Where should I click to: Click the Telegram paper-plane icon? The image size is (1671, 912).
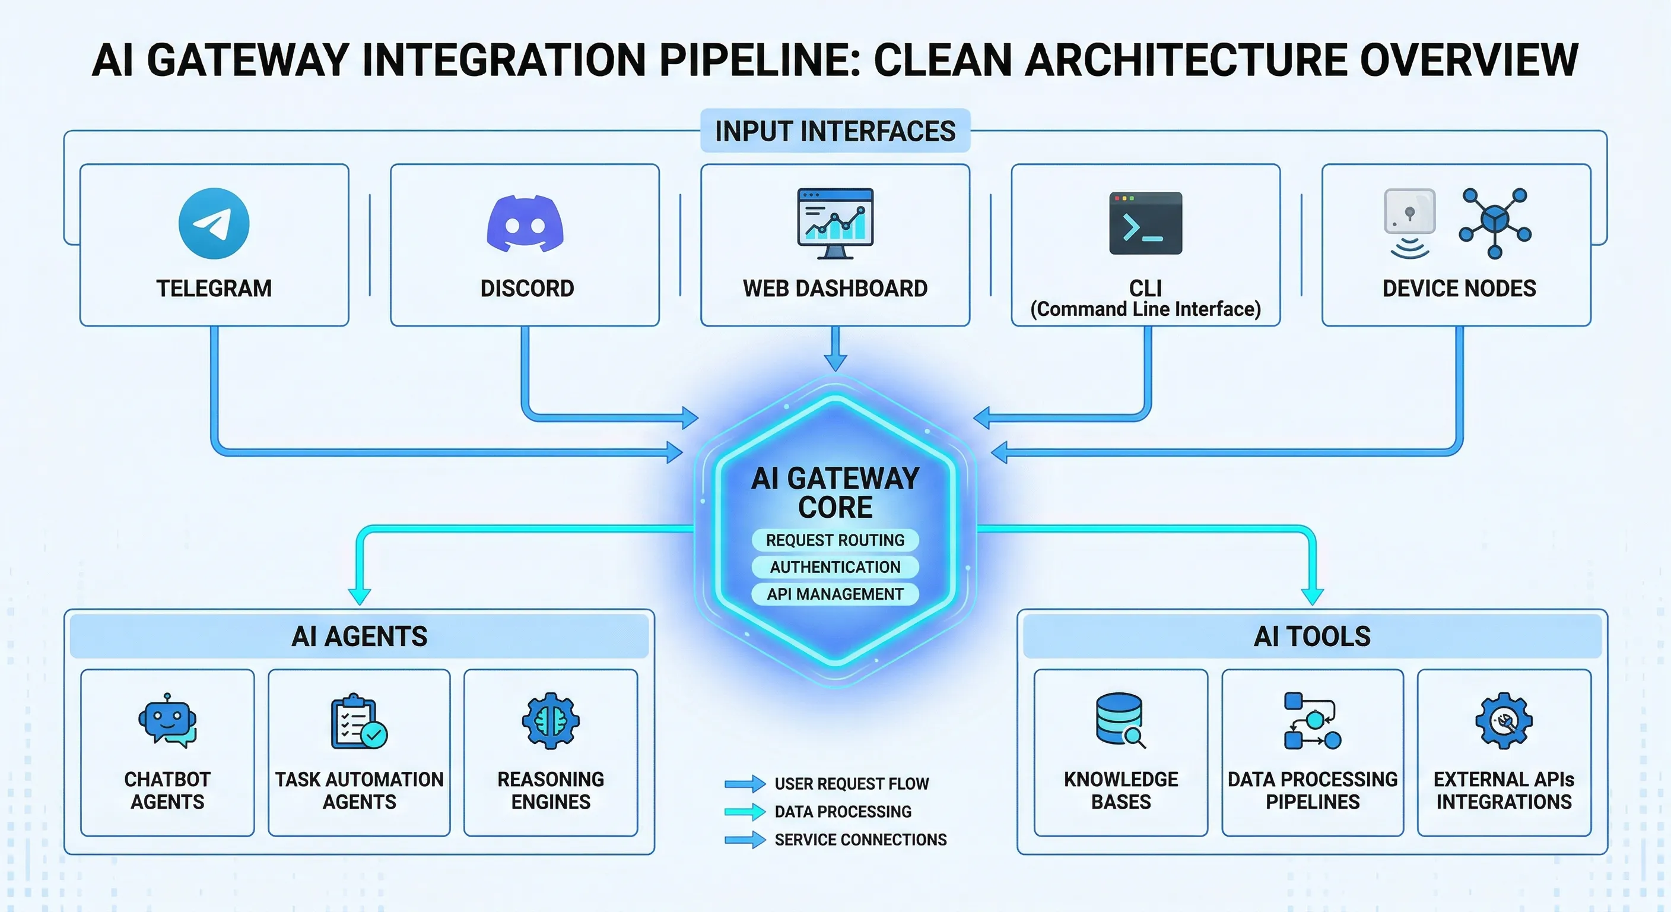coord(214,223)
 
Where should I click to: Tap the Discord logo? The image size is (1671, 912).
coord(525,224)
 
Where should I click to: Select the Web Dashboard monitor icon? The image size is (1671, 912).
coord(835,223)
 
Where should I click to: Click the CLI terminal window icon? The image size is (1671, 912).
coord(1146,223)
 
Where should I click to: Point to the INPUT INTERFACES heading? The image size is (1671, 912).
coord(835,131)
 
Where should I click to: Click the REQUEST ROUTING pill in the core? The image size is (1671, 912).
coord(835,540)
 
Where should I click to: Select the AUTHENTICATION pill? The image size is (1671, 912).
coord(835,567)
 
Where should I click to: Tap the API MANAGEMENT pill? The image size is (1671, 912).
coord(835,594)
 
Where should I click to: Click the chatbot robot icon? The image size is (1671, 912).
coord(167,720)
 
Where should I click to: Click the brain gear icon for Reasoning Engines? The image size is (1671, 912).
coord(551,720)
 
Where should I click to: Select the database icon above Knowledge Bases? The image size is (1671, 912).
coord(1120,720)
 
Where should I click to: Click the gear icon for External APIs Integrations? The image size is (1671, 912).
coord(1504,720)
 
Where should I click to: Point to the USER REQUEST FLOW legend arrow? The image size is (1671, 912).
coord(745,784)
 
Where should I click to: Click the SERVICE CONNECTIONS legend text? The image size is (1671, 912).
coord(860,840)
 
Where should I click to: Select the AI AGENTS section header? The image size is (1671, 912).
coord(360,636)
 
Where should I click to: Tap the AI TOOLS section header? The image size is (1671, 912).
coord(1311,636)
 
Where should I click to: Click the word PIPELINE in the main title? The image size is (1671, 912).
coord(758,60)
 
